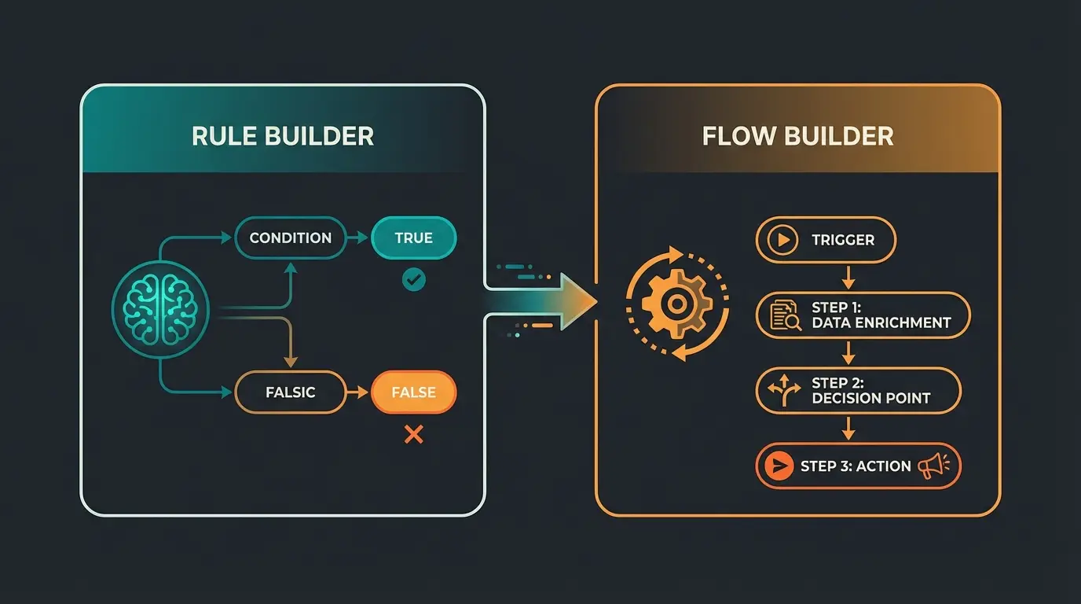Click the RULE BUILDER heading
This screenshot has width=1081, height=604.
click(283, 136)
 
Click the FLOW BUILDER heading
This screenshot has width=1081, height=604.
click(797, 136)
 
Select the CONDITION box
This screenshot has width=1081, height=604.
click(290, 238)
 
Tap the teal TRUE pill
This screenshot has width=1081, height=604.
click(413, 238)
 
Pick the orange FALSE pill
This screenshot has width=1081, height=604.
click(413, 392)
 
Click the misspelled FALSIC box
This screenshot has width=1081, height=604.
click(290, 392)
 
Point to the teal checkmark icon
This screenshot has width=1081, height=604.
click(413, 278)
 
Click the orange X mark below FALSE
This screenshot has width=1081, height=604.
click(413, 433)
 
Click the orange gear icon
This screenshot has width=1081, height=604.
click(676, 302)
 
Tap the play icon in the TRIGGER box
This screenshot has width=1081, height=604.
click(782, 240)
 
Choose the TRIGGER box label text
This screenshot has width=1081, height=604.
click(844, 240)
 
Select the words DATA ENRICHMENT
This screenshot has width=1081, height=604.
click(881, 322)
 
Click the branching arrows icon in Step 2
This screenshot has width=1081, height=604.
click(785, 391)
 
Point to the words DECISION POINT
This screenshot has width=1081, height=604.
click(870, 398)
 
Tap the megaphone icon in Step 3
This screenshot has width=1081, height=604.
click(933, 466)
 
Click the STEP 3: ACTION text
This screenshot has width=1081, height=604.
click(856, 466)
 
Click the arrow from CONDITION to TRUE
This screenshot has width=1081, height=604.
click(358, 238)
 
